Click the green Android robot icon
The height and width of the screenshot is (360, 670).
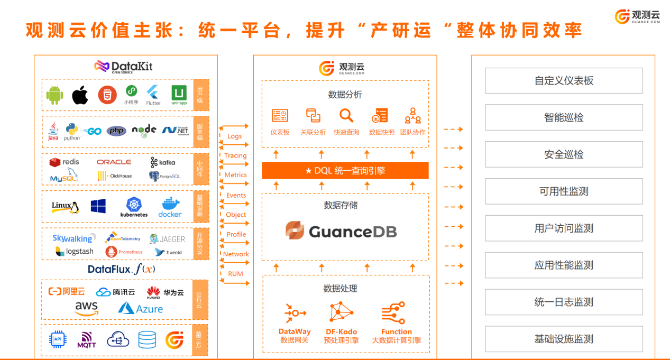pyautogui.click(x=54, y=96)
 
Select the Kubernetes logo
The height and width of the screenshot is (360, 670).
pyautogui.click(x=134, y=207)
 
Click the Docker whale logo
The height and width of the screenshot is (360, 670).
pyautogui.click(x=170, y=207)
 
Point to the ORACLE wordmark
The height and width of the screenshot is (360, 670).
pyautogui.click(x=114, y=162)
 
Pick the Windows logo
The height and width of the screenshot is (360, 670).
pyautogui.click(x=98, y=206)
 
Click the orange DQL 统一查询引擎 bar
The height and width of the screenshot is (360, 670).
pyautogui.click(x=345, y=171)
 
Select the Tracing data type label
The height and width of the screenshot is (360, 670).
pyautogui.click(x=235, y=155)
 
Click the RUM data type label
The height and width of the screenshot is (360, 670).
pyautogui.click(x=236, y=274)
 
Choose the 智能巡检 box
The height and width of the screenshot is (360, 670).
pyautogui.click(x=564, y=117)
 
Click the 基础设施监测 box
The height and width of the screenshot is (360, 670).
pyautogui.click(x=564, y=339)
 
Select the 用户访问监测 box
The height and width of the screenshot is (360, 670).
pyautogui.click(x=564, y=228)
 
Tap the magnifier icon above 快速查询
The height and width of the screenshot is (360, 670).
pyautogui.click(x=346, y=115)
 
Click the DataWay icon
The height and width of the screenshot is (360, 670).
pyautogui.click(x=295, y=313)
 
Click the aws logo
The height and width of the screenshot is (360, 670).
pyautogui.click(x=86, y=308)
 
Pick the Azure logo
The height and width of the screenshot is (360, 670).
pyautogui.click(x=141, y=308)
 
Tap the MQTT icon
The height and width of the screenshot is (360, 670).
pyautogui.click(x=87, y=339)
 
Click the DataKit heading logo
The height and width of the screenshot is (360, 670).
pyautogui.click(x=124, y=66)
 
